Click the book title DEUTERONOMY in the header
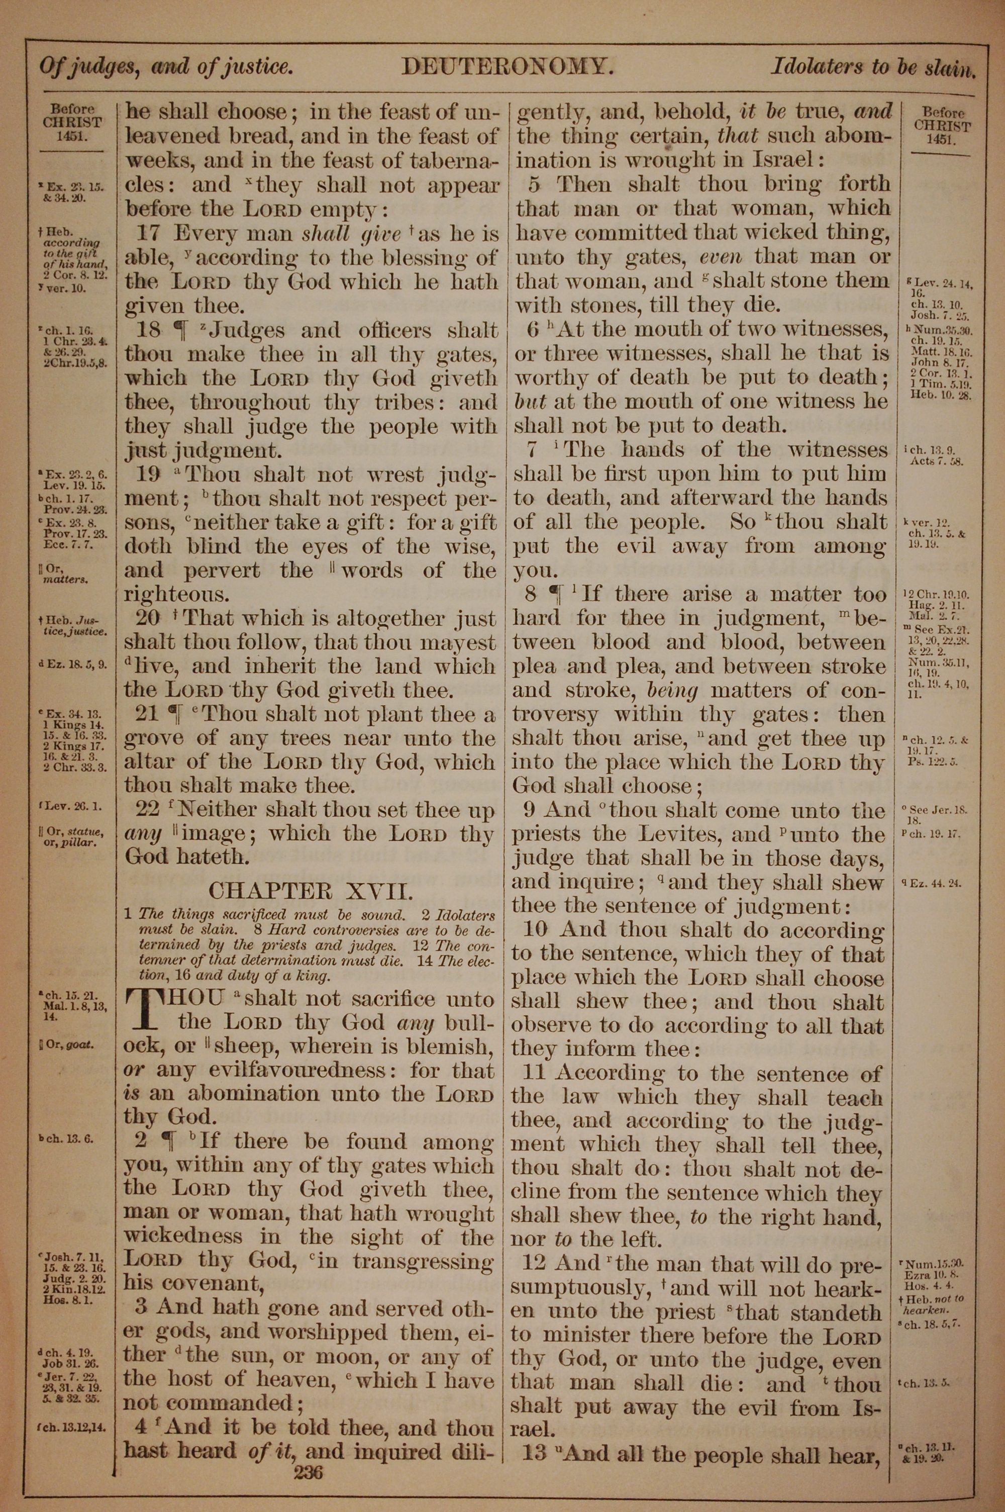pos(507,67)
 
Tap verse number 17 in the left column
pos(151,234)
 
